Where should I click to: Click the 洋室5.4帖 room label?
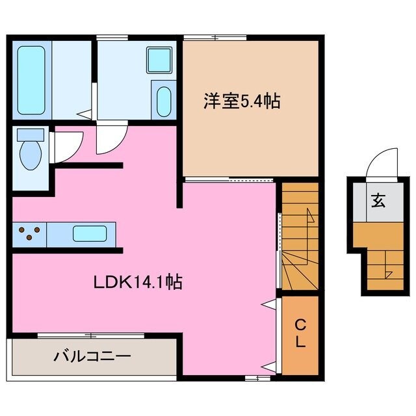241,102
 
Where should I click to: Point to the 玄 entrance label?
378,200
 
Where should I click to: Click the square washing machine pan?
159,60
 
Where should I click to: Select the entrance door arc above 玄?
381,162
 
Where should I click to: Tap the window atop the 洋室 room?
215,37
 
